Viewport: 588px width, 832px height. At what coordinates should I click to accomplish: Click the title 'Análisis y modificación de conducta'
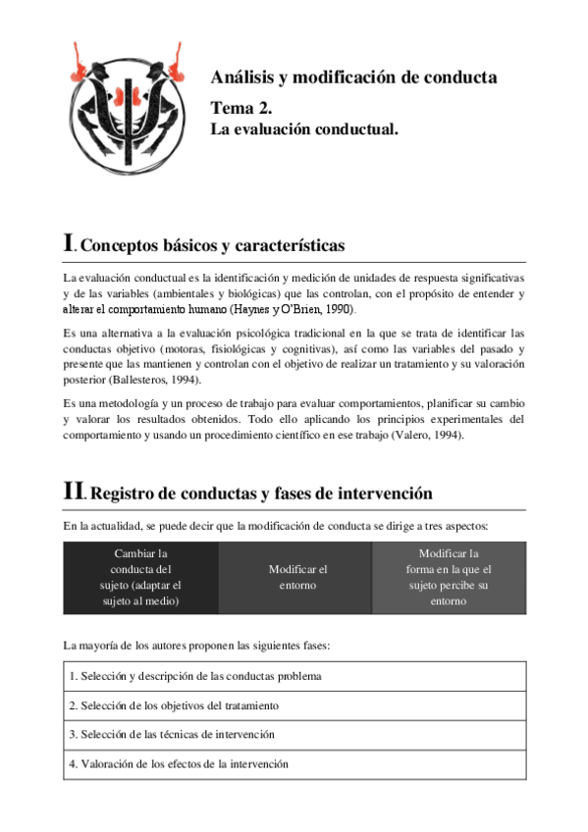click(353, 78)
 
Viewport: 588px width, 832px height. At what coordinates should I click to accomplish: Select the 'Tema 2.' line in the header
click(248, 108)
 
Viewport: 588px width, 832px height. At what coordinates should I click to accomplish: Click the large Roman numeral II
click(74, 493)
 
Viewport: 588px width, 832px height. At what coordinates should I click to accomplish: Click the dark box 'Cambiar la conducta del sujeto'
click(140, 578)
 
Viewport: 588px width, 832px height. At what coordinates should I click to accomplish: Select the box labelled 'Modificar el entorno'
click(296, 578)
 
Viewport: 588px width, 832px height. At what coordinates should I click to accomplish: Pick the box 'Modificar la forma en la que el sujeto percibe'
click(449, 578)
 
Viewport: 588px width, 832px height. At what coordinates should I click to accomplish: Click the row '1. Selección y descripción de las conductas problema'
click(195, 676)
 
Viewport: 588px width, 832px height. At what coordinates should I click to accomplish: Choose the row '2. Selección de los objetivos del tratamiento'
click(174, 705)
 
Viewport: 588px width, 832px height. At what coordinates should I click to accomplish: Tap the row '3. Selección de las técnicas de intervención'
click(172, 734)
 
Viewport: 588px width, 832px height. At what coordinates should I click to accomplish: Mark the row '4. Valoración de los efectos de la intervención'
click(179, 763)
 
